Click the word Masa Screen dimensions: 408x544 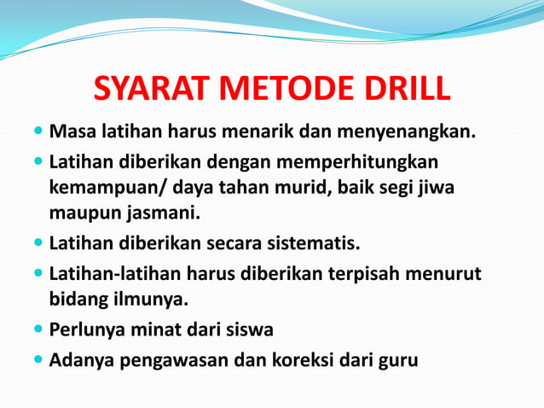72,133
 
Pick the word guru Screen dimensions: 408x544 398,361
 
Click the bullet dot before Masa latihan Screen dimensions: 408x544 38,133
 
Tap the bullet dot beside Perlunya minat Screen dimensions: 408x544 38,329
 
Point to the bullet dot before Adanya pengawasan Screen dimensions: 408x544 38,359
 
